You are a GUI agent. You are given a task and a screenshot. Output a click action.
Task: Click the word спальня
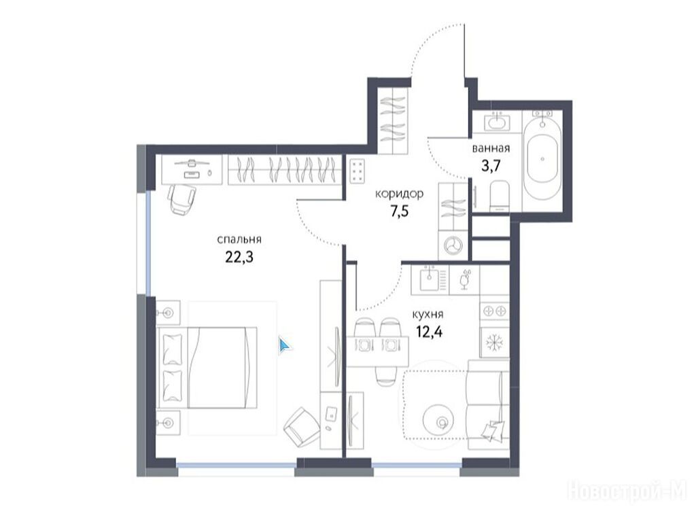point(239,240)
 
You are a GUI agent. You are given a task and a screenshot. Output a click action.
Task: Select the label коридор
point(400,194)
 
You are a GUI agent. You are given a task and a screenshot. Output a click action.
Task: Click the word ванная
point(491,148)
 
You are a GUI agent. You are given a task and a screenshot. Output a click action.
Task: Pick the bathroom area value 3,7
point(491,166)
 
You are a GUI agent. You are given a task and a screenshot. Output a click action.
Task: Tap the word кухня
point(428,315)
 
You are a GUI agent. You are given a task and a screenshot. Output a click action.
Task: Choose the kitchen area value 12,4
point(429,332)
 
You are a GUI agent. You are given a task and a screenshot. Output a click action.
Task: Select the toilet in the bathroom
point(499,197)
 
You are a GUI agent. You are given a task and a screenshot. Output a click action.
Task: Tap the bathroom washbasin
point(496,121)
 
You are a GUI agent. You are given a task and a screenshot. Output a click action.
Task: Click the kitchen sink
point(430,279)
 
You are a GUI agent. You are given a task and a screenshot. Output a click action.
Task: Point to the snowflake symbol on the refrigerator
point(493,343)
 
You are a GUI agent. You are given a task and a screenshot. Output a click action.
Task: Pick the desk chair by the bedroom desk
point(182,199)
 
